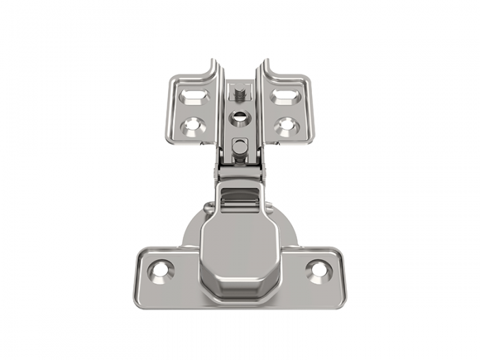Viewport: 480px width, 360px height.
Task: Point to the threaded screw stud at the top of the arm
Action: tap(239, 92)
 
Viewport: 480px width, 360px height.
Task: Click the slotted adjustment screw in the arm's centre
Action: tap(239, 118)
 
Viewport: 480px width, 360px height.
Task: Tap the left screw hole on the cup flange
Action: tap(161, 269)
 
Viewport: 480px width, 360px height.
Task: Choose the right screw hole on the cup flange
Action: tap(319, 269)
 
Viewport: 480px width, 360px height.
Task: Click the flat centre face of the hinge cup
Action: tap(240, 247)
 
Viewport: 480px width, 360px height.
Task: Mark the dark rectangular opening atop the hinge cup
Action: tap(239, 196)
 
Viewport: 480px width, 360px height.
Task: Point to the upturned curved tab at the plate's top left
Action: tap(206, 69)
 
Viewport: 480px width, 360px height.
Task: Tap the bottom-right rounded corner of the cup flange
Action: tap(339, 299)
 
